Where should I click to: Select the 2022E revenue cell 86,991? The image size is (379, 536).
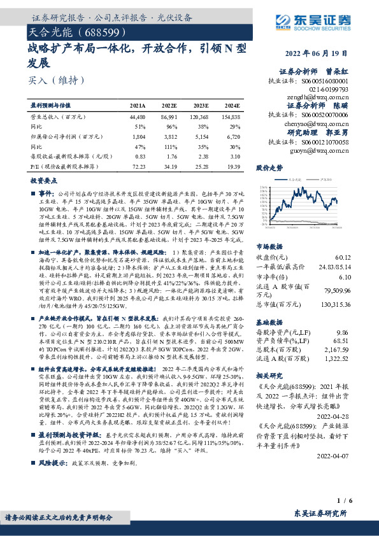[169, 118]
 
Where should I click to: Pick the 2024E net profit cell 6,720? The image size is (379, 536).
[233, 136]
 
